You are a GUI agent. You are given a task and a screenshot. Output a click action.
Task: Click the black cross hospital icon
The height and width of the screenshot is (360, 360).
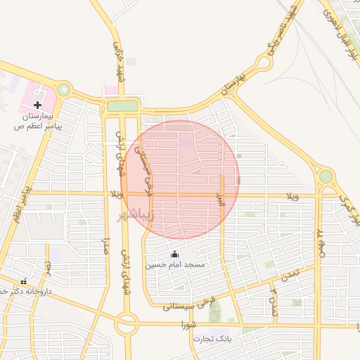click(37, 104)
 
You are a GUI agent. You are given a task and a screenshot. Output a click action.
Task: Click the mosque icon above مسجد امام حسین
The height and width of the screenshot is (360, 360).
click(174, 255)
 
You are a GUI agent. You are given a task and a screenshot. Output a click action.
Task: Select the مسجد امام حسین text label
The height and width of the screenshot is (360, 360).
click(175, 265)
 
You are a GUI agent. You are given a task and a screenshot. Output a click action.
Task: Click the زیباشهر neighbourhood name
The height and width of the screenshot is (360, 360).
click(134, 214)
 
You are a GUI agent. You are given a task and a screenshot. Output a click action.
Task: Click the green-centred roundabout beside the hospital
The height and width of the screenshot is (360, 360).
click(64, 89)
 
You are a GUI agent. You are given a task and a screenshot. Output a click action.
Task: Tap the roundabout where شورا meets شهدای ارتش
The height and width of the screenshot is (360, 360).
click(127, 324)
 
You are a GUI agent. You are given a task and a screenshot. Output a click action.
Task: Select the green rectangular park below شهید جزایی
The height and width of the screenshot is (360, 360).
click(122, 105)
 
